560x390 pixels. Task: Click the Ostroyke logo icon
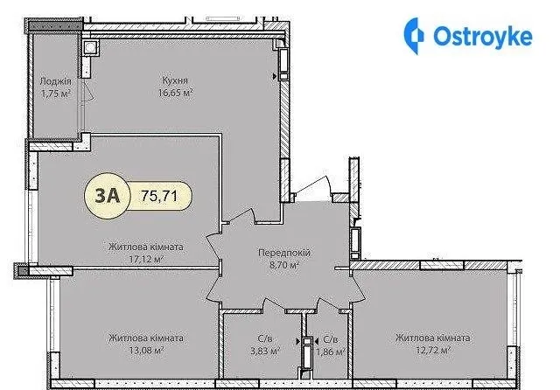click(x=414, y=36)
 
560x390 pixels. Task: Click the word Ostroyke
click(x=483, y=36)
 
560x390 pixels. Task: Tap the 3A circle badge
click(x=107, y=196)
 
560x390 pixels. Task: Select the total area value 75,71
click(x=159, y=196)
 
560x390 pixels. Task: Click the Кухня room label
click(x=175, y=80)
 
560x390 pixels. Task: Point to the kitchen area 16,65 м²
click(x=176, y=93)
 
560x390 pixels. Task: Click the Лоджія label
click(x=55, y=81)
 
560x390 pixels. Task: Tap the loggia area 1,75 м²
click(x=55, y=94)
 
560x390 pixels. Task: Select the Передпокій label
click(x=284, y=253)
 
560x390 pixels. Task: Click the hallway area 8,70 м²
click(x=284, y=265)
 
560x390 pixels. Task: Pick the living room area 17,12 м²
click(x=146, y=259)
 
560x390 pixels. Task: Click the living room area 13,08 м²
click(x=146, y=350)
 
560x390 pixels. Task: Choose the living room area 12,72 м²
click(x=433, y=350)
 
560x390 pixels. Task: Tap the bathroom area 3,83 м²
click(x=265, y=351)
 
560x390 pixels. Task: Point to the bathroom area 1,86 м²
click(x=331, y=352)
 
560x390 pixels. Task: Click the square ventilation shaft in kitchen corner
click(x=90, y=47)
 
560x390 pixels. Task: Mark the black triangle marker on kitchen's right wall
click(x=275, y=76)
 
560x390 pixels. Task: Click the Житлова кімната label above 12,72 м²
click(x=433, y=338)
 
